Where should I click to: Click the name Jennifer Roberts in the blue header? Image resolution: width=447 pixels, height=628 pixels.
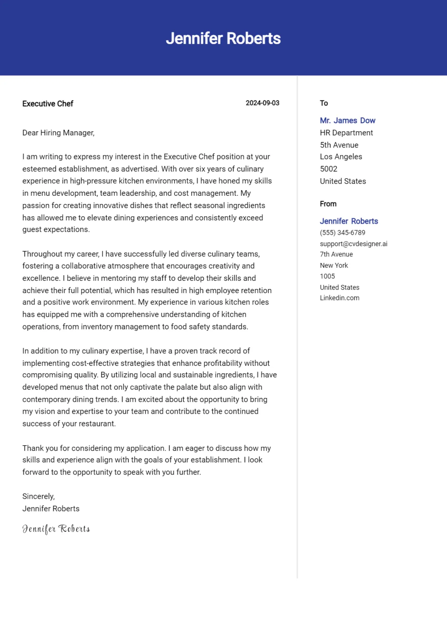[223, 38]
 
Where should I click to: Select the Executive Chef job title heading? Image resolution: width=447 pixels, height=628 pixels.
[48, 104]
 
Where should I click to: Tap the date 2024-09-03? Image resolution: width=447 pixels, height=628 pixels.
[262, 103]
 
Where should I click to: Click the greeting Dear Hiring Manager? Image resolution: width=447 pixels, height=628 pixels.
[58, 133]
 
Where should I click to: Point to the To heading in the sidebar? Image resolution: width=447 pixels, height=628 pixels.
[324, 103]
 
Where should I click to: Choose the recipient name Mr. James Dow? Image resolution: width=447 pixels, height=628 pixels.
[347, 121]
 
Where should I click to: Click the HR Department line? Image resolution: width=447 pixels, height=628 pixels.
[346, 133]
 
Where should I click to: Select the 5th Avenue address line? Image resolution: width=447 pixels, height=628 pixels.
[339, 145]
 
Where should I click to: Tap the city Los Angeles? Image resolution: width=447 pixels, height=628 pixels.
[341, 157]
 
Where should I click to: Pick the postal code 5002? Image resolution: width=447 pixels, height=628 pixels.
[329, 169]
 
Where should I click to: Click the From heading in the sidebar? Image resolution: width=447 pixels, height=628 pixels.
[328, 204]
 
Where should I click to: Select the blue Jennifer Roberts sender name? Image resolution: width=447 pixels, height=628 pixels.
[349, 221]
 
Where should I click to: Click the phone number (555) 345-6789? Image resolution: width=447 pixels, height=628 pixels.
[342, 233]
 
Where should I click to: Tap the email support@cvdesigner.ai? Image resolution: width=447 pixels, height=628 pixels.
[354, 244]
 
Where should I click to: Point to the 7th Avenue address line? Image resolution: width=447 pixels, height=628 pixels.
[336, 254]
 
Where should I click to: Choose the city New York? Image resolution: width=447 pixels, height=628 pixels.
[334, 265]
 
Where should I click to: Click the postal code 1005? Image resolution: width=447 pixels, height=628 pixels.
[327, 276]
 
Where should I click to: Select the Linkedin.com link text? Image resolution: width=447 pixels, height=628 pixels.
[340, 298]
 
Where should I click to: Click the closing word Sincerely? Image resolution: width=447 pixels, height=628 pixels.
[38, 496]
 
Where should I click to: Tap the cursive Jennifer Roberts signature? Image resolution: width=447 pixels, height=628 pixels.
[56, 529]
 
